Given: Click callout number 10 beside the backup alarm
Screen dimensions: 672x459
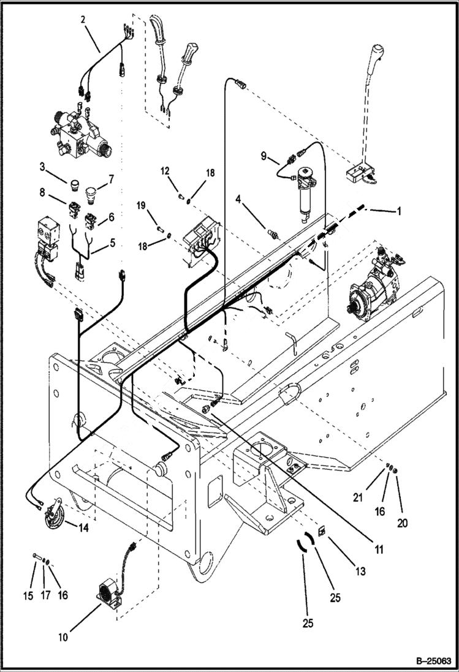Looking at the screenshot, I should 64,636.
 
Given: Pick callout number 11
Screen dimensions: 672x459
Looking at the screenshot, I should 379,549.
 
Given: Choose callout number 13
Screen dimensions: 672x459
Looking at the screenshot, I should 360,571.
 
